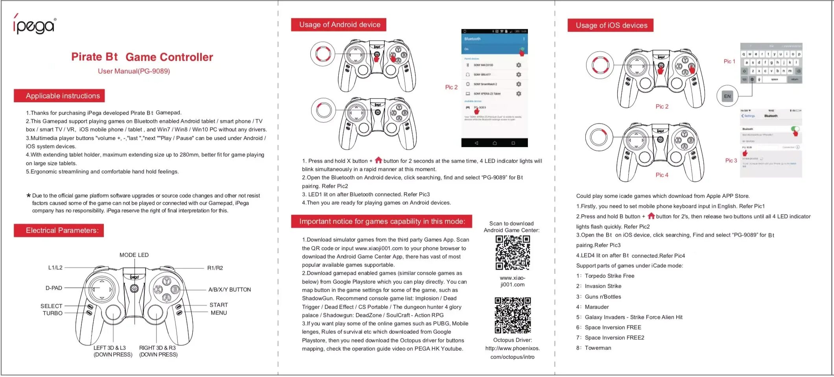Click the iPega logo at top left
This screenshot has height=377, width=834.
[35, 25]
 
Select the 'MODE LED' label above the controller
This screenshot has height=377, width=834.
[134, 255]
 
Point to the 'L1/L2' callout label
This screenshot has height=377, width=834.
[55, 268]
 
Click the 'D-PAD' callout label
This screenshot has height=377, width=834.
[54, 288]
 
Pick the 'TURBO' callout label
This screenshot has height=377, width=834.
[53, 313]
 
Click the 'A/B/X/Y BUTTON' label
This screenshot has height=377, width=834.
[229, 290]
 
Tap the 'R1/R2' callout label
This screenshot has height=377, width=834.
[215, 268]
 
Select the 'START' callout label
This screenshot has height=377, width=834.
[218, 305]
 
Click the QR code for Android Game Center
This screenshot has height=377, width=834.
[512, 253]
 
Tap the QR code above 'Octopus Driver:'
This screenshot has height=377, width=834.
[512, 315]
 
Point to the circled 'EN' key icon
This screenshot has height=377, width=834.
[727, 96]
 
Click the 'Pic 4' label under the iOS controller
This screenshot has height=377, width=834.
[662, 175]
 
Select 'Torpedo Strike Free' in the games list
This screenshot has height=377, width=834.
[609, 276]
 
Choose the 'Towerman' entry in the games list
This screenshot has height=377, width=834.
[598, 348]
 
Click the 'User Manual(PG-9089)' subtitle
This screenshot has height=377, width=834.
[134, 71]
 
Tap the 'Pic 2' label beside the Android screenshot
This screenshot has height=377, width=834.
[451, 87]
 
